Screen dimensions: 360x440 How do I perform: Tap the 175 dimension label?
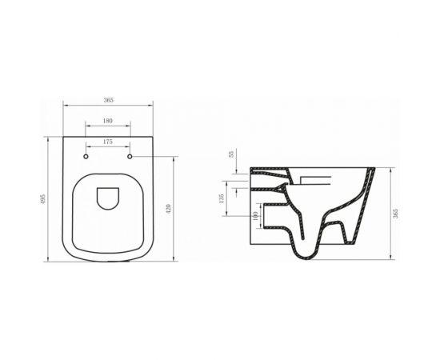pos(109,141)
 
